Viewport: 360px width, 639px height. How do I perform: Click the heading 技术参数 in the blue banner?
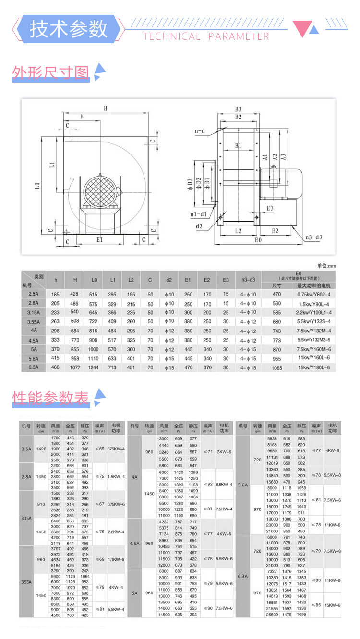coord(69,29)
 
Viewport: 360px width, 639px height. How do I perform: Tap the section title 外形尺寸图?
coord(51,72)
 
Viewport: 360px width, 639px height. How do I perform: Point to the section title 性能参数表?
coord(51,398)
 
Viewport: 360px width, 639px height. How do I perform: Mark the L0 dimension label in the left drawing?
coord(37,185)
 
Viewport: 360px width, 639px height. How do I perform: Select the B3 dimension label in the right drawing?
coord(238,109)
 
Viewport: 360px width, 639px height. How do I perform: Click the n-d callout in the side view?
coord(200,130)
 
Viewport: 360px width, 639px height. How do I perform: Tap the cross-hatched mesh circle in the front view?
coord(100,191)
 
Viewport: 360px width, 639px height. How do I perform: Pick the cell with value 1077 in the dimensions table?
coord(74,367)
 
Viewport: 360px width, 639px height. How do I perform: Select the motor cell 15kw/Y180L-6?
coord(313,367)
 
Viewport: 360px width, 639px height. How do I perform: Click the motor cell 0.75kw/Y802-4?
coord(313,294)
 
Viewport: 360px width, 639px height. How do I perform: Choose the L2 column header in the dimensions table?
coord(131,279)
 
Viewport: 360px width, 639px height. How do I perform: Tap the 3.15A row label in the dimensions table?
coord(33,312)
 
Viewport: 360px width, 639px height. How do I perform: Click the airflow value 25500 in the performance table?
coord(272,614)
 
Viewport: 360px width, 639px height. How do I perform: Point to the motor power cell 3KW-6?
coord(224,452)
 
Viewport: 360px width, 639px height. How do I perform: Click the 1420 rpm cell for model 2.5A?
coord(41,449)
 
